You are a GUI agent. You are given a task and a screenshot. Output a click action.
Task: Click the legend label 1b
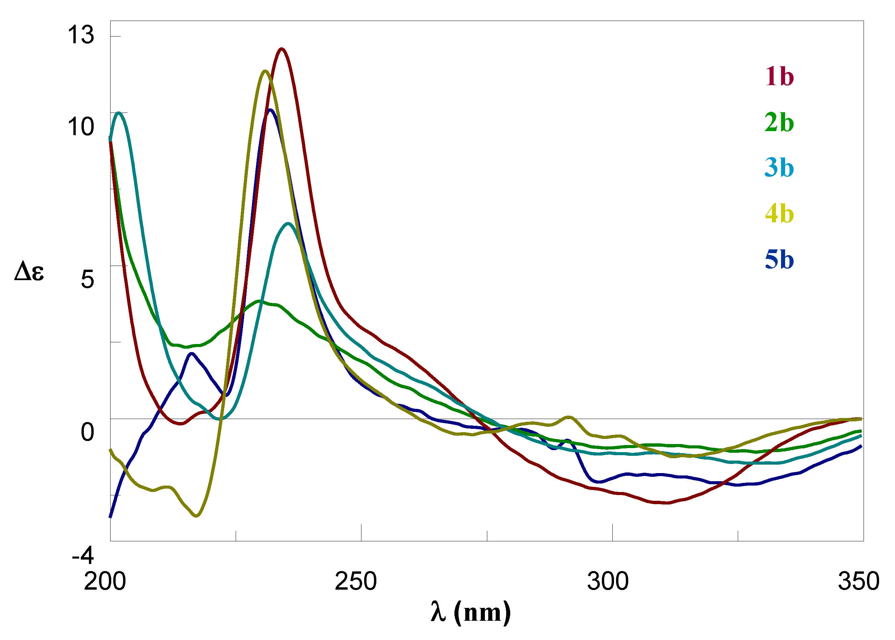pos(779,76)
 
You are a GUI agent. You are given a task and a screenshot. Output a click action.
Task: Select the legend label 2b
pos(779,122)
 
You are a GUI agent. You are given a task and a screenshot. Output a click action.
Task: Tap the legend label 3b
pos(779,168)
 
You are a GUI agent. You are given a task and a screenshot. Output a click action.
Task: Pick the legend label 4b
pos(779,214)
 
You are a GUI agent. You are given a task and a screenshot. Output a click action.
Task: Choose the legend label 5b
pos(779,260)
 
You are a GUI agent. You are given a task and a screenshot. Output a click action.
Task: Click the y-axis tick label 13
pos(81,35)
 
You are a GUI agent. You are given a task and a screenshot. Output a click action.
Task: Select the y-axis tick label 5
pos(88,279)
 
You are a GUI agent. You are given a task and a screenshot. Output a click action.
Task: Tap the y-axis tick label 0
pos(88,432)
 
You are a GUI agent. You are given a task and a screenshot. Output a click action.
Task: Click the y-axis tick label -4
pos(83,556)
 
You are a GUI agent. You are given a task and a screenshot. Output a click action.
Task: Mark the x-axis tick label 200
pos(105,581)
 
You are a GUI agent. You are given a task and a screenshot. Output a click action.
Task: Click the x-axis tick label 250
pos(356,581)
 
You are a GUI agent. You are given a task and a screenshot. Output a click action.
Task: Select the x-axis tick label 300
pos(608,581)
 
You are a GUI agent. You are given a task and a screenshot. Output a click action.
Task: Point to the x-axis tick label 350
pos(858,581)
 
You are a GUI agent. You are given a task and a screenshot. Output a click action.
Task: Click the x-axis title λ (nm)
pos(470,612)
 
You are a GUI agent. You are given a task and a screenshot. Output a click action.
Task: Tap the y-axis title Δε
pos(29,272)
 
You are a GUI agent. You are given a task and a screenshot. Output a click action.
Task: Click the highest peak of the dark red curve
pos(281,49)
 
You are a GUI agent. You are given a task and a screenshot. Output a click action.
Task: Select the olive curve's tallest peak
pos(265,71)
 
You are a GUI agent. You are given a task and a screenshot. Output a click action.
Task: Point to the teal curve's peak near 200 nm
pos(118,113)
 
